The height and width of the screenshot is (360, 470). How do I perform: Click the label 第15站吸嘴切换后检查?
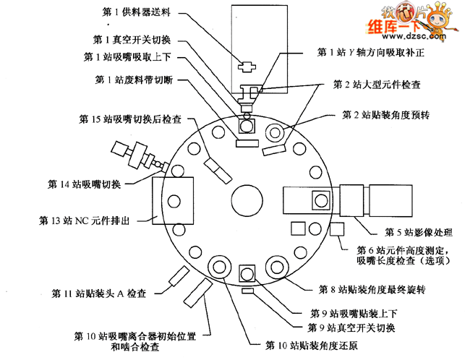[x=132, y=116]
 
